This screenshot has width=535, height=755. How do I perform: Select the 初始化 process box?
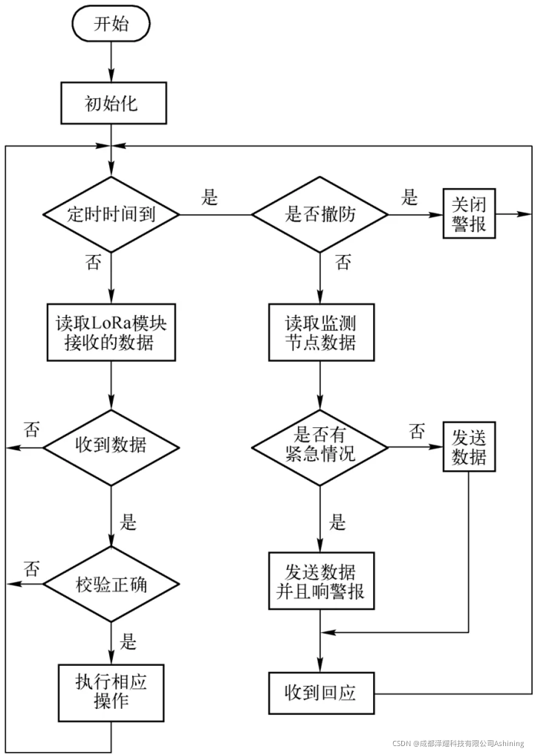click(111, 103)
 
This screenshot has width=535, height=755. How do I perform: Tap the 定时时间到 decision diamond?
click(111, 215)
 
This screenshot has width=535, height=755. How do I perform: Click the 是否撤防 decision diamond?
click(320, 215)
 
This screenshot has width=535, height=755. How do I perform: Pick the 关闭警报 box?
click(469, 214)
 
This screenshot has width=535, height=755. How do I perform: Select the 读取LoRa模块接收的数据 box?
click(111, 334)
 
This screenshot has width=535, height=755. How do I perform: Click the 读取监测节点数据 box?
click(320, 334)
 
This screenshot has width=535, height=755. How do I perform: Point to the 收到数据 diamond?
click(111, 447)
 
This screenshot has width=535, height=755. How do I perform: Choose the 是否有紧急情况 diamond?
click(320, 447)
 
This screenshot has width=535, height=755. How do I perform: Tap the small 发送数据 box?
click(469, 447)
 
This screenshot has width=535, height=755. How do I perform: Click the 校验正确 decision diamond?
click(111, 584)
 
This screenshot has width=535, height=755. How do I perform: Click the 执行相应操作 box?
click(111, 691)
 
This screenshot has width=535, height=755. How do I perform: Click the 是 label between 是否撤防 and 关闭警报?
click(409, 198)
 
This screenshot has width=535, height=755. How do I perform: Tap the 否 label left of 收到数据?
click(31, 430)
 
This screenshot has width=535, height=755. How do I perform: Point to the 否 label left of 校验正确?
click(31, 568)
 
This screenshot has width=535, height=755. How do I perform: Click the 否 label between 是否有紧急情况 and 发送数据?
click(418, 431)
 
